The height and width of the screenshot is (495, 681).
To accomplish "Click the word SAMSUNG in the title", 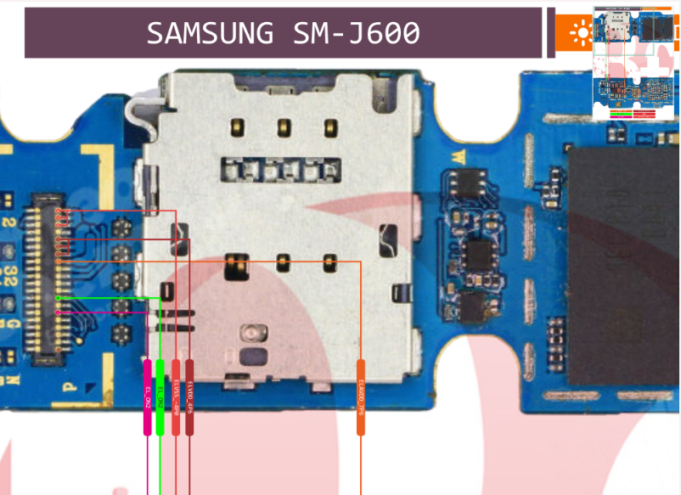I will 209,33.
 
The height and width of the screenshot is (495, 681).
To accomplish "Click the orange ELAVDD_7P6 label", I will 361,397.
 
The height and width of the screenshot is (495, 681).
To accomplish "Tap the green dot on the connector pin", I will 58,298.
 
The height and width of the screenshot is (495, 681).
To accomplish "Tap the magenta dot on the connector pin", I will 58,312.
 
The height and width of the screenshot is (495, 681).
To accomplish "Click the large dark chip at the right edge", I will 625,272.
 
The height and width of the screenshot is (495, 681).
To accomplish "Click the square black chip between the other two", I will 479,252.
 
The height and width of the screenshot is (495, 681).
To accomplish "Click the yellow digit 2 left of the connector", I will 10,222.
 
